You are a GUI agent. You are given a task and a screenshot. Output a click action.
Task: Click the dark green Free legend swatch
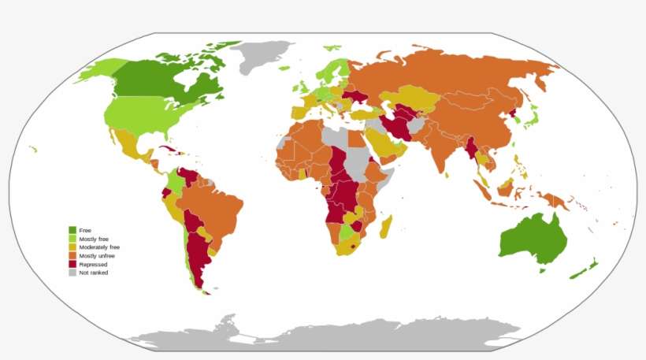pyautogui.click(x=72, y=230)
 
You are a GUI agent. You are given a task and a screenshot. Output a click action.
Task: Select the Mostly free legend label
pyautogui.click(x=94, y=238)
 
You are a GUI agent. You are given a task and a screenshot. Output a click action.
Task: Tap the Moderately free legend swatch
pyautogui.click(x=72, y=247)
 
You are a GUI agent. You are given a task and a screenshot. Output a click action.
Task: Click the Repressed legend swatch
pyautogui.click(x=72, y=265)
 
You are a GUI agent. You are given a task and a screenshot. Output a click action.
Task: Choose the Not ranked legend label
pyautogui.click(x=93, y=273)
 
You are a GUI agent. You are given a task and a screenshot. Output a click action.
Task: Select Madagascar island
pyautogui.click(x=387, y=228)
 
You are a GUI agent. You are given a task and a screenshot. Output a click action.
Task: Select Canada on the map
pyautogui.click(x=158, y=79)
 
